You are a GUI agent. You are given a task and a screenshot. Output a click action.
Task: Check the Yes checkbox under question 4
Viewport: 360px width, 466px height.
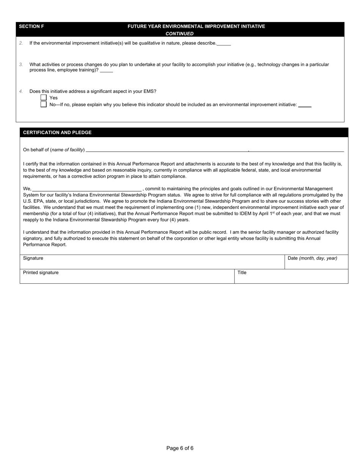coord(44,98)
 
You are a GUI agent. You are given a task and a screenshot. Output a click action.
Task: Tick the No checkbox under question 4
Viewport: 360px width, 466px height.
coord(44,104)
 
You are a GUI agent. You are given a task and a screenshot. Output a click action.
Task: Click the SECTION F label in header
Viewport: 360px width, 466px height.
coord(31,27)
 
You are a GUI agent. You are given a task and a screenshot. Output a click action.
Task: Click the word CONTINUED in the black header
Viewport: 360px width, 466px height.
coord(180,34)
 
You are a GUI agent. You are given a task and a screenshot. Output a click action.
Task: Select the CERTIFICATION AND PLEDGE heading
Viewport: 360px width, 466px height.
coord(57,133)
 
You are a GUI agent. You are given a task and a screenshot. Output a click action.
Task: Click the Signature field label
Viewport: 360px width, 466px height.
coord(33,258)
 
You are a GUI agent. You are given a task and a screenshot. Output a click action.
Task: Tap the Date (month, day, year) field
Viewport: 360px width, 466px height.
coord(316,261)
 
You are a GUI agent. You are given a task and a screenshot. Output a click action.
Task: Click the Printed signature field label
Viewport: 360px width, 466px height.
coord(41,273)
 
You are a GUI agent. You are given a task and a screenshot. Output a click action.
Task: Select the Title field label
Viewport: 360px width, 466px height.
coord(242,273)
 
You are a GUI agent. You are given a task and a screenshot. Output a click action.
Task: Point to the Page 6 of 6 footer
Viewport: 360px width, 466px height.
coord(180,448)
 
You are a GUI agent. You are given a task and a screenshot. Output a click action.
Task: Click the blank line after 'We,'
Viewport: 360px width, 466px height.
coord(87,189)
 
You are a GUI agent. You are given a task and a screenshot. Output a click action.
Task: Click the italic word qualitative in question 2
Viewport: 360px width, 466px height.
coord(149,43)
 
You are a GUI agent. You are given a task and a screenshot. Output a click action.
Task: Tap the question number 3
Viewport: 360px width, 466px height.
coord(21,65)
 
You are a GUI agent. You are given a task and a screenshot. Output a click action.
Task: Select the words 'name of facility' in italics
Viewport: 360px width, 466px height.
coord(67,150)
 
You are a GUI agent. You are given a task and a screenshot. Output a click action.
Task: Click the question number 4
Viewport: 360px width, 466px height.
coord(21,91)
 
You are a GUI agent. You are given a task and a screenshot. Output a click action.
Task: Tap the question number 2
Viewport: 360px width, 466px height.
coord(21,43)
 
